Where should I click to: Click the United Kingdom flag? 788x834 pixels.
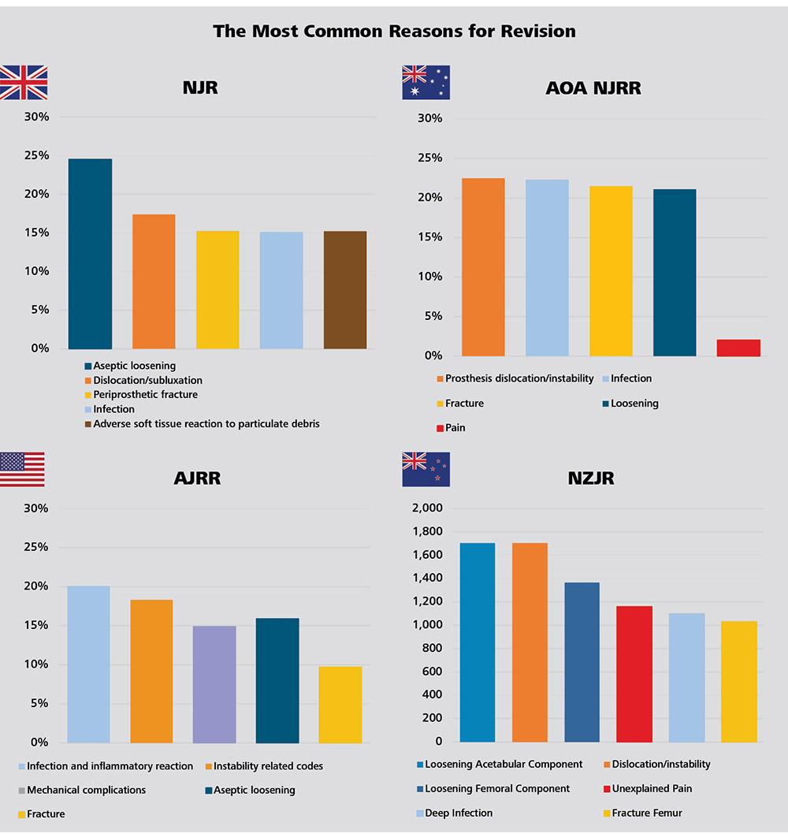[x=24, y=83]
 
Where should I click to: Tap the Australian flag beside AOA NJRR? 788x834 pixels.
[x=426, y=83]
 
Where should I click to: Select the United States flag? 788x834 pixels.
[x=22, y=470]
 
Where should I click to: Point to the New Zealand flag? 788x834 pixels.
[x=426, y=470]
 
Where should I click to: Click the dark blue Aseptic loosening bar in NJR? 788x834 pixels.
[x=90, y=254]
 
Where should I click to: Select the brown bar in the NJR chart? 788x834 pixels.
[x=345, y=290]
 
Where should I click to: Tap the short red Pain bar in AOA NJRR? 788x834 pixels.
[x=738, y=348]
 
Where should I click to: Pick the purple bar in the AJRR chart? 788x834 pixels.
[x=214, y=684]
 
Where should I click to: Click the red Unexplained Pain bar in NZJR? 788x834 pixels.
[x=634, y=674]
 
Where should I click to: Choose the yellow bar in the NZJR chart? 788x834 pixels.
[x=738, y=682]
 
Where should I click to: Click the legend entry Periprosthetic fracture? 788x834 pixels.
[x=145, y=395]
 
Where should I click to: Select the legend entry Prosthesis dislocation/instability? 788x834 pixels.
[x=519, y=378]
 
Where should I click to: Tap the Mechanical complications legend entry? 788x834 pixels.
[x=86, y=790]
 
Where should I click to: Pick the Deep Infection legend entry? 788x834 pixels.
[x=457, y=813]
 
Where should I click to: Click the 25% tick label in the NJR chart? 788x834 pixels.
[x=37, y=155]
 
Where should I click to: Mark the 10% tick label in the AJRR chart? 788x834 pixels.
[x=35, y=665]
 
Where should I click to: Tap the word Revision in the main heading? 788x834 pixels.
[x=540, y=32]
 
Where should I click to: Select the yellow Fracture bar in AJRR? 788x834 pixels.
[x=340, y=705]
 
